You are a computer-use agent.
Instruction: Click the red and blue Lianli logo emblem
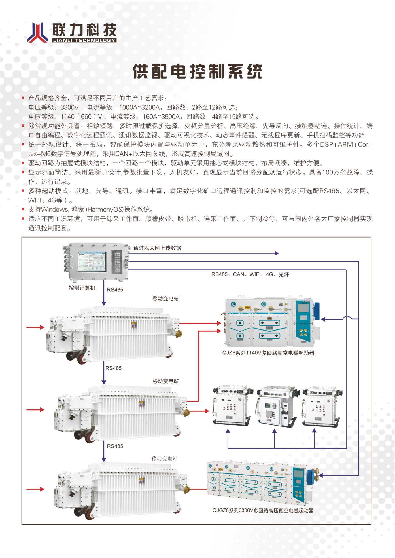pos(37,33)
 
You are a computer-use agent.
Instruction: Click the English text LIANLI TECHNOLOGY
pos(84,40)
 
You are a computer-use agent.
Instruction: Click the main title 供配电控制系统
pos(197,71)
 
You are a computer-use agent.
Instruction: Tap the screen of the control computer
pos(92,261)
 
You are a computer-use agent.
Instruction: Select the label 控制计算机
pos(82,288)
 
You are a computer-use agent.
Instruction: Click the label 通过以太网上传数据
pos(157,248)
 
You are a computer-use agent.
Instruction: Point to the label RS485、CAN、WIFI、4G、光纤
pos(250,274)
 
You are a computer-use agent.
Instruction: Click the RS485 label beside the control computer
pos(115,290)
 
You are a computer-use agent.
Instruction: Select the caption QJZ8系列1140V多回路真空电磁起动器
pos(268,353)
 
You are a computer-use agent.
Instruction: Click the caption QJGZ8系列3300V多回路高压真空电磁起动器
pos(263,510)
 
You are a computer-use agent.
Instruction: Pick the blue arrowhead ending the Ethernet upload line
pos(277,253)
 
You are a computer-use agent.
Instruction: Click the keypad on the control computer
pos(117,261)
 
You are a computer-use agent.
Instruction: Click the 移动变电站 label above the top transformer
pos(165,299)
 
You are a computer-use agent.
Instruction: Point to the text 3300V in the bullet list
pos(69,107)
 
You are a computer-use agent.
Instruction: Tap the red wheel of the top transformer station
pos(82,358)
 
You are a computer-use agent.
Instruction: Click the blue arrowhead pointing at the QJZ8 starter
pos(323,319)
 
